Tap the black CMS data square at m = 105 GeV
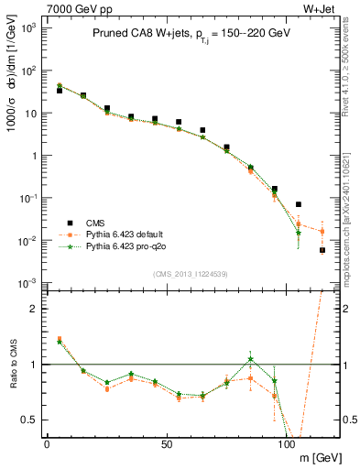click(299, 204)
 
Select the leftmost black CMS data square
click(60, 91)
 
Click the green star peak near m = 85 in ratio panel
click(250, 359)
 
